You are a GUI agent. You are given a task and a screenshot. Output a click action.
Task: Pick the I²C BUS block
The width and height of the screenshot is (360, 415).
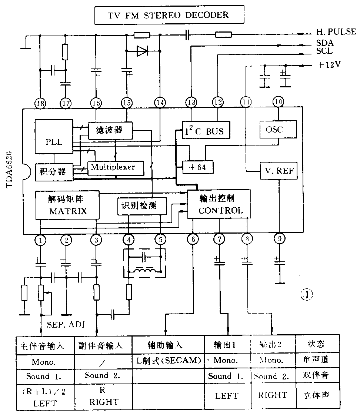pyautogui.click(x=206, y=130)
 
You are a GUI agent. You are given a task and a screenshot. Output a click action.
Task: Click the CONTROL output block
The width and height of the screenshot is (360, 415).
pyautogui.click(x=219, y=204)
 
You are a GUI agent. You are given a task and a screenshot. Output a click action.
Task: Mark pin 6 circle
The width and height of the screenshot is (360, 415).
pyautogui.click(x=193, y=240)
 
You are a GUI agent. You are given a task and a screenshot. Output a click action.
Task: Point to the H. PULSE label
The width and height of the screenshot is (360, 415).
pyautogui.click(x=336, y=32)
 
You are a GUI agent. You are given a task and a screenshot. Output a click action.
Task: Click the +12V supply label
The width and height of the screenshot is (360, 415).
pyautogui.click(x=329, y=65)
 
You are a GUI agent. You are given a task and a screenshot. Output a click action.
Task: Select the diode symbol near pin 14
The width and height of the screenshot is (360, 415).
pyautogui.click(x=142, y=51)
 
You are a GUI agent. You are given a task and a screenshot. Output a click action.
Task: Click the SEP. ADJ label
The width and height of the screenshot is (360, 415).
pyautogui.click(x=66, y=325)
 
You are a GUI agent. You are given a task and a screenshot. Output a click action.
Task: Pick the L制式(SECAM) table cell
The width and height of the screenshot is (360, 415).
pyautogui.click(x=169, y=360)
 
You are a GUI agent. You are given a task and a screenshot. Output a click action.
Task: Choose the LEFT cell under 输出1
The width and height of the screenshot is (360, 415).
pyautogui.click(x=227, y=395)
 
